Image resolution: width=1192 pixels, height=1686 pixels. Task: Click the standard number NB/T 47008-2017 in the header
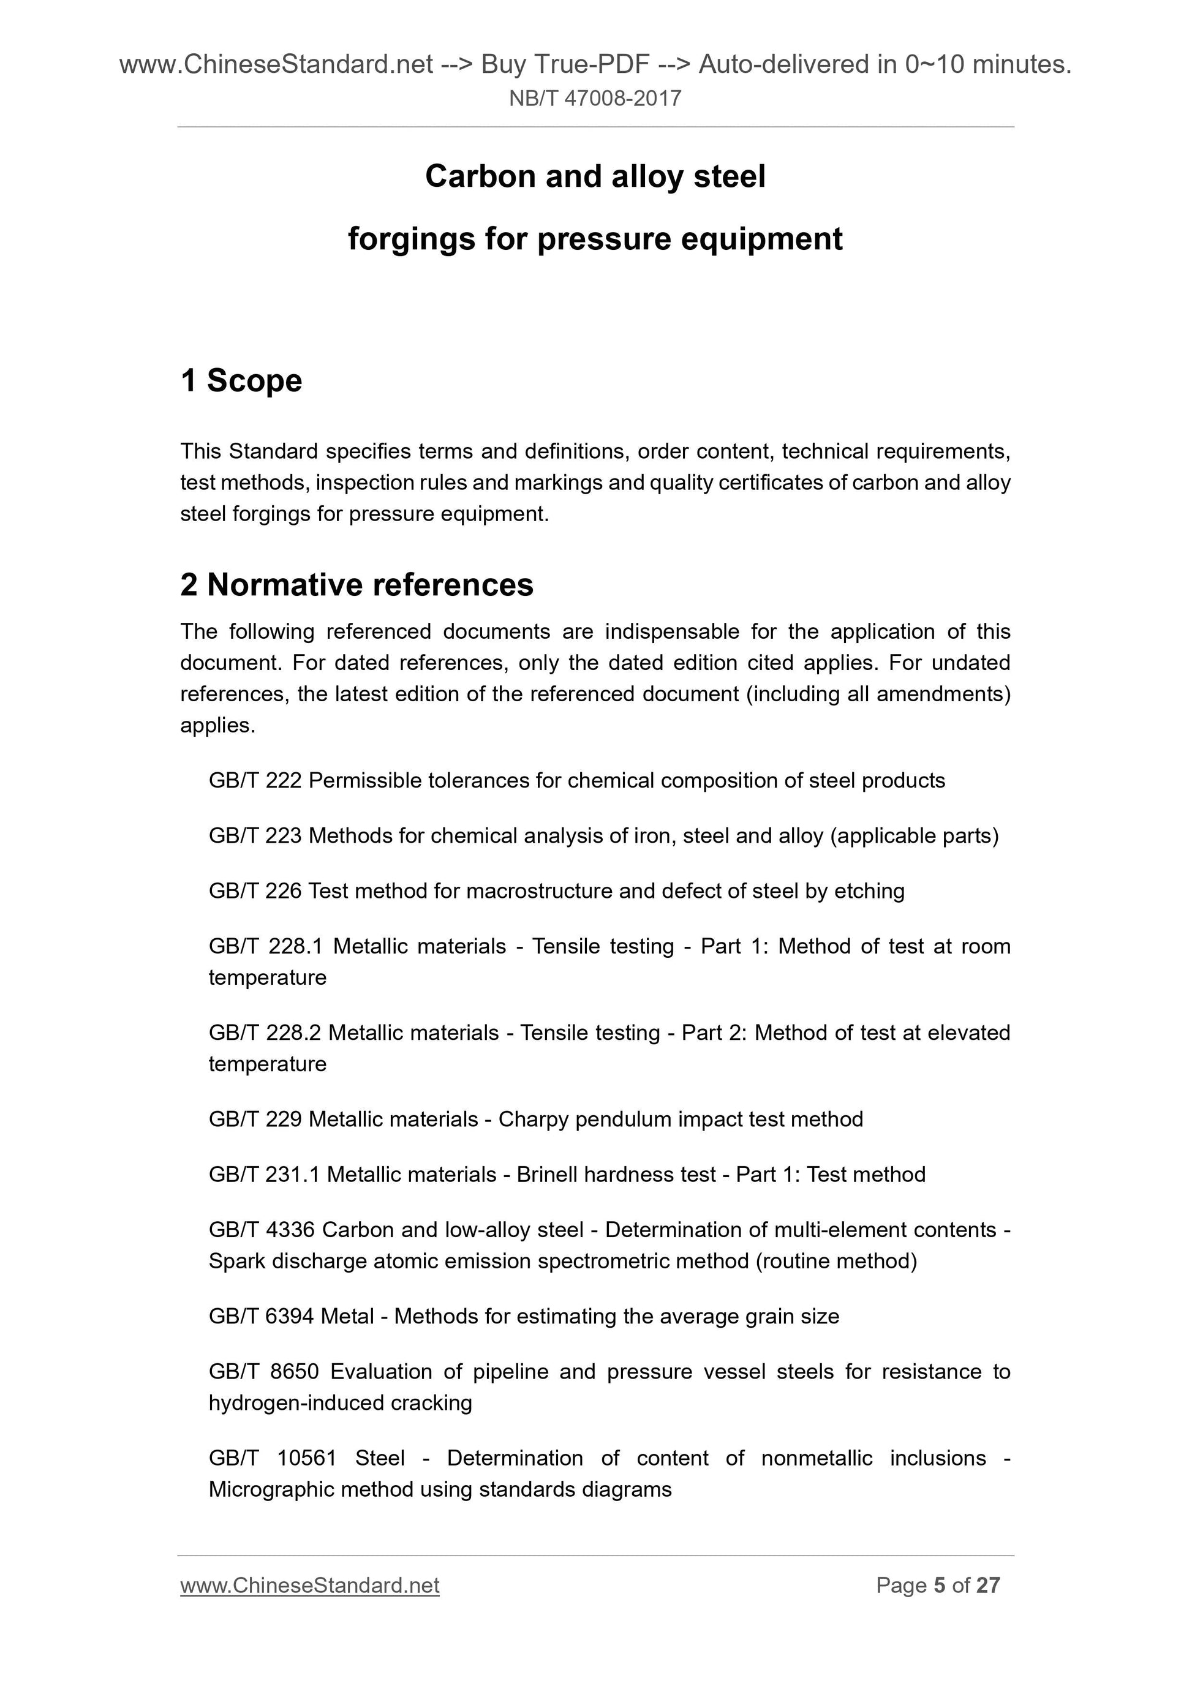pyautogui.click(x=595, y=99)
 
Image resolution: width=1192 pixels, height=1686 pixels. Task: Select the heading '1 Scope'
pyautogui.click(x=241, y=380)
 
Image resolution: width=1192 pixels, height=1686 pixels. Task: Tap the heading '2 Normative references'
pyautogui.click(x=357, y=584)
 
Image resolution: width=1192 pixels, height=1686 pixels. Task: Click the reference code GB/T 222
pyautogui.click(x=255, y=781)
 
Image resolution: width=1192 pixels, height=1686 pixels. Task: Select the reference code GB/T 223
pyautogui.click(x=255, y=836)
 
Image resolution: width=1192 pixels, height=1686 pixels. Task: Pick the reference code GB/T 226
pyautogui.click(x=255, y=890)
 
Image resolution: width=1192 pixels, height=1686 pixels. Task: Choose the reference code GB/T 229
pyautogui.click(x=255, y=1119)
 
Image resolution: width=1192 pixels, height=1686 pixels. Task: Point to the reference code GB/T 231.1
pyautogui.click(x=263, y=1174)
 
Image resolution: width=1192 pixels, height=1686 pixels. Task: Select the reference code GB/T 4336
pyautogui.click(x=261, y=1229)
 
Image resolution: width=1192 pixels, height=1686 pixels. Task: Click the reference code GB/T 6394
pyautogui.click(x=261, y=1316)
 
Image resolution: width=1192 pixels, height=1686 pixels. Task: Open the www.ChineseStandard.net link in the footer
pyautogui.click(x=310, y=1586)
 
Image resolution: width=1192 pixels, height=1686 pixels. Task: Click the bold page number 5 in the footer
pyautogui.click(x=938, y=1586)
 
